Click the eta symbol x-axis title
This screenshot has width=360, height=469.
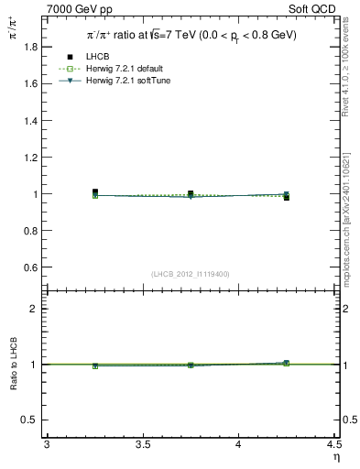(x=335, y=456)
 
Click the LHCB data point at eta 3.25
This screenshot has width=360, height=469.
(x=94, y=192)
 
